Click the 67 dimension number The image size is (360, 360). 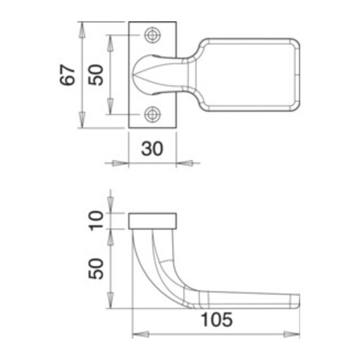68,74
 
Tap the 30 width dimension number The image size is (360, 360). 152,148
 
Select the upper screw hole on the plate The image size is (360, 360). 152,35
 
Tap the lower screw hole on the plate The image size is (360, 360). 152,114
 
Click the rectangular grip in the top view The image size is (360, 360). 250,74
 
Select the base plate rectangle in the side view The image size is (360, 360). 153,221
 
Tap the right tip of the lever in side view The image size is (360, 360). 297,300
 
